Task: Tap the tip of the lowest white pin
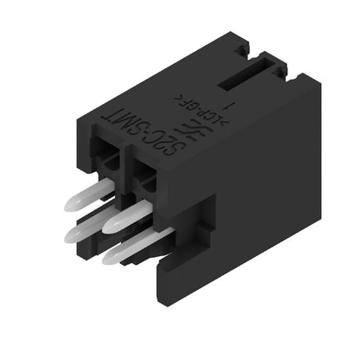pyautogui.click(x=110, y=255)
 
